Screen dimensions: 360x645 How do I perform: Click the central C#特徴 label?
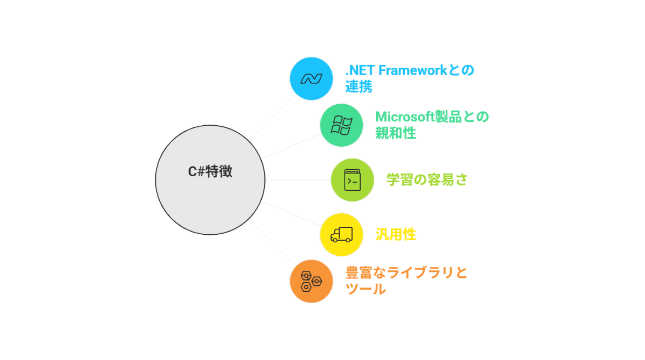[x=210, y=172]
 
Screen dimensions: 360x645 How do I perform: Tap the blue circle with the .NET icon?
[x=311, y=78]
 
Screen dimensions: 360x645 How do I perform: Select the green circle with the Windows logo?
[x=341, y=125]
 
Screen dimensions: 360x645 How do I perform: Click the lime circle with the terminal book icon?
[x=352, y=180]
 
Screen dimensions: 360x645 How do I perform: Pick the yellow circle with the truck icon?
[x=341, y=234]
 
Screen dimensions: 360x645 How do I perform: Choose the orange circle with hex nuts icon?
[x=311, y=281]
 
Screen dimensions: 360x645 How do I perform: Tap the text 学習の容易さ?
[x=427, y=179]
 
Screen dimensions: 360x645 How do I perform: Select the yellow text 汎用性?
[x=396, y=234]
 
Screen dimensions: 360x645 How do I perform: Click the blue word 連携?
[x=359, y=87]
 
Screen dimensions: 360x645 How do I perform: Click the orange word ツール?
[x=365, y=289]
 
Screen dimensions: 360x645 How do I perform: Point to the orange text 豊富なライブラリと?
[x=406, y=272]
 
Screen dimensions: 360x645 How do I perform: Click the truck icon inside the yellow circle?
[x=341, y=234]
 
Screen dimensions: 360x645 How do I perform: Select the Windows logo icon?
[x=341, y=125]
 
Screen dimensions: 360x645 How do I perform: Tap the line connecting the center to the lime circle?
[x=298, y=180]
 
